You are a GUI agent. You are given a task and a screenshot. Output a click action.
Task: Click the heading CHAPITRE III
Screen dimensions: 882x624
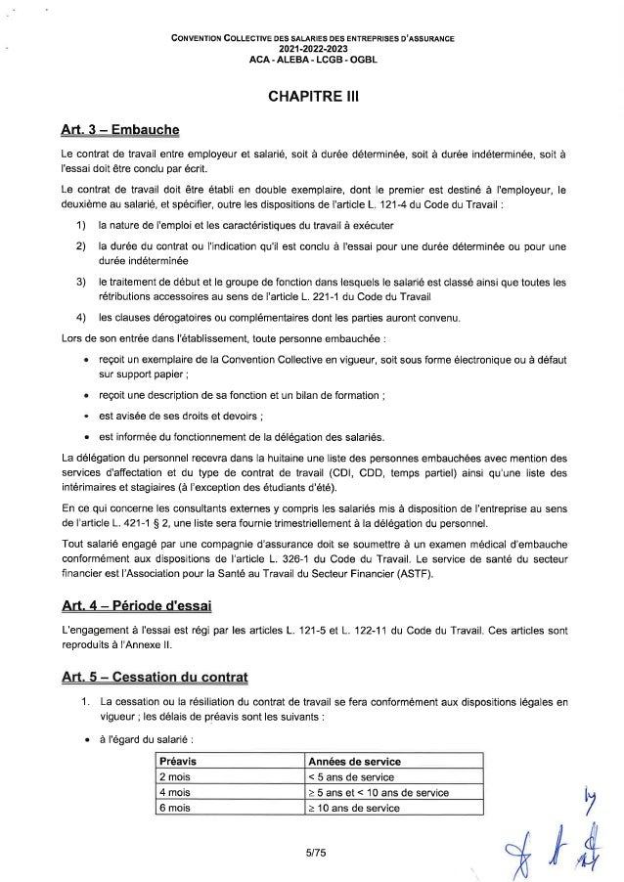pos(312,98)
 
